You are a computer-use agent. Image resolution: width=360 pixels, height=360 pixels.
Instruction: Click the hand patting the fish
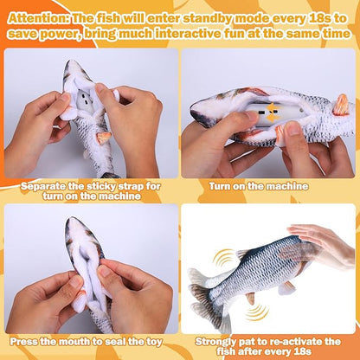click(x=320, y=243)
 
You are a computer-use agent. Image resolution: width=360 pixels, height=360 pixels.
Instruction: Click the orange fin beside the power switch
click(x=282, y=134)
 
